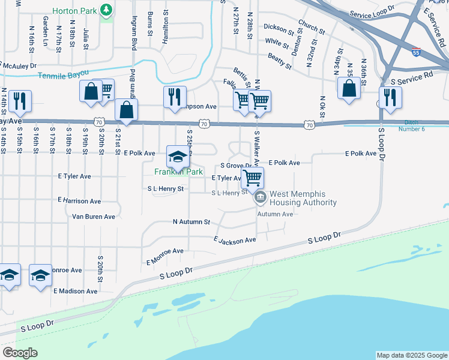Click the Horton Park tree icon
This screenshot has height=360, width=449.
(x=106, y=11)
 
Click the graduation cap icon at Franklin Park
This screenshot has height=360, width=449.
(x=176, y=157)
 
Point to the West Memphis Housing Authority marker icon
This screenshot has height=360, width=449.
(x=261, y=197)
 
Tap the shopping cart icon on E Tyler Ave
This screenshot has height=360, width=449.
(x=253, y=177)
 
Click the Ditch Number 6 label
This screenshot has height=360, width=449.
(x=427, y=125)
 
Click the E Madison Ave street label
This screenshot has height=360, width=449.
(x=75, y=291)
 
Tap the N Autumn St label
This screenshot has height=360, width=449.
(x=191, y=221)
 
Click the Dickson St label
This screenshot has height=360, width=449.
(x=279, y=28)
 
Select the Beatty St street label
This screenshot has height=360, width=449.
(x=279, y=58)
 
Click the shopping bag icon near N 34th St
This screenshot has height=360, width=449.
(x=349, y=89)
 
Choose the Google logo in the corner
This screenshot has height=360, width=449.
(x=20, y=353)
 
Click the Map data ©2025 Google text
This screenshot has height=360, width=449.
(x=411, y=355)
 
